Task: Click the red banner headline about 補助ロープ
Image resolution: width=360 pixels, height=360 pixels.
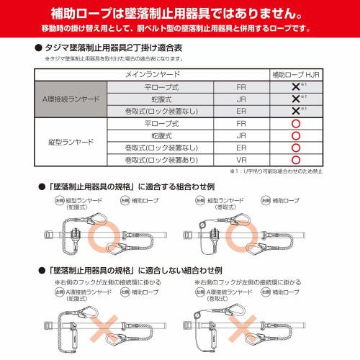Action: tap(180, 13)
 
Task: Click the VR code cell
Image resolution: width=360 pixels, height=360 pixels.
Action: tap(241, 161)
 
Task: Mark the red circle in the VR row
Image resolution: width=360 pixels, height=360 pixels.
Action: tap(294, 161)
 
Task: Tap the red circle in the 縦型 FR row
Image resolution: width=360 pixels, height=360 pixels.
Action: tap(294, 123)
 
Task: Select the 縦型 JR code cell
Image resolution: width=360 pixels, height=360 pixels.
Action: tap(241, 135)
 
